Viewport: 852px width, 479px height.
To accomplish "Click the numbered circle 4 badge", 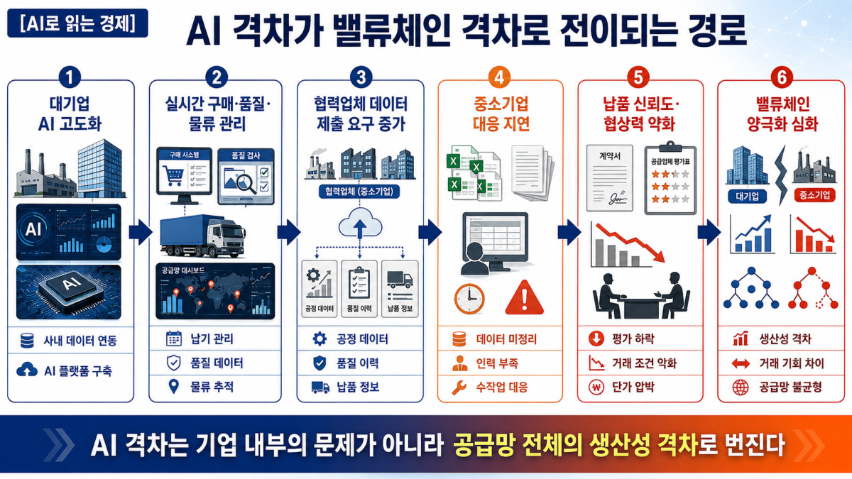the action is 499,77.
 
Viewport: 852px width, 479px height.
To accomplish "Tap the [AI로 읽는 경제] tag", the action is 77,23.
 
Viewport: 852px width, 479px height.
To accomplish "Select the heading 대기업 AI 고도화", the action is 70,114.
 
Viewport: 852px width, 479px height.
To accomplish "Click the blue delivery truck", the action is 202,236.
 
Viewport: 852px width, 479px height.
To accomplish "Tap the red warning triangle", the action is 525,298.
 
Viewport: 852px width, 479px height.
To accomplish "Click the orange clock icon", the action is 469,299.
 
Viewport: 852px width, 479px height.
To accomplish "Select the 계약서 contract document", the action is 610,177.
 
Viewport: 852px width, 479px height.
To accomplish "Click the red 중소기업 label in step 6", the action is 814,195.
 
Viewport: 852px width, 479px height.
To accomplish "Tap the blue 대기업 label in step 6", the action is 747,196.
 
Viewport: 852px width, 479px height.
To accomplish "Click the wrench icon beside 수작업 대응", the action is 459,387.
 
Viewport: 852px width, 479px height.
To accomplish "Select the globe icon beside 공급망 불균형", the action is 740,387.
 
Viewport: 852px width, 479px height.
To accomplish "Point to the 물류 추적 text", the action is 212,387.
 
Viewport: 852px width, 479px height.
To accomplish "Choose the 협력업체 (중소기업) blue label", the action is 359,191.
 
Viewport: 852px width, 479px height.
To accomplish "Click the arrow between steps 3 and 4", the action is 430,232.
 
